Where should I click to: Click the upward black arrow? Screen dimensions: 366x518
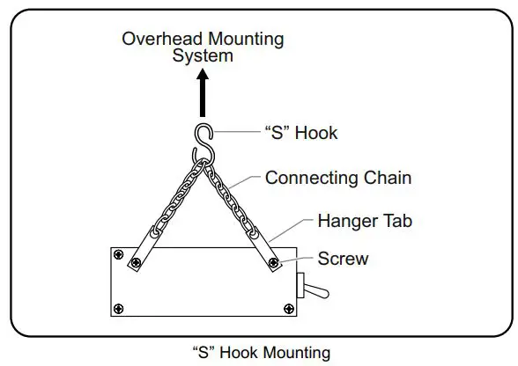coord(203,91)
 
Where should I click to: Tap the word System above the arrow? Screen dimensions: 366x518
coord(203,55)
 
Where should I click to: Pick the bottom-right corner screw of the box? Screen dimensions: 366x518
coord(289,307)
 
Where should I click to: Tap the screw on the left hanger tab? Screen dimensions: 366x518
coord(135,262)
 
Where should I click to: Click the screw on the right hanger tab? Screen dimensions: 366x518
coord(274,261)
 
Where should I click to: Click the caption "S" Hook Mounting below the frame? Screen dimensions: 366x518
coord(261,354)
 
